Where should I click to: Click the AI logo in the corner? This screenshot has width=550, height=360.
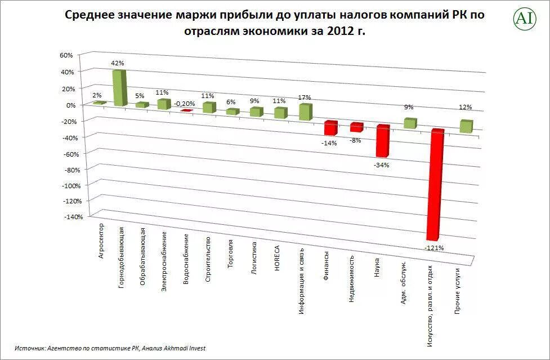coord(524,19)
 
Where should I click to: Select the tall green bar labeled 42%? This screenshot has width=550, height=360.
coord(119,87)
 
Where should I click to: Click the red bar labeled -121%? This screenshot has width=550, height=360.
coord(435,186)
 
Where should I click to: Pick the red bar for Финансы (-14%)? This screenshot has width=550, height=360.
coord(330,128)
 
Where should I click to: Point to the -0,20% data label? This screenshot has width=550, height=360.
coord(185,104)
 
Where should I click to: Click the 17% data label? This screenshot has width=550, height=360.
coord(305,97)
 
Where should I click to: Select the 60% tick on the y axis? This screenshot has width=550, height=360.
coord(66,55)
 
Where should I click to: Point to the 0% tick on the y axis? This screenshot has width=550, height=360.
coord(70,105)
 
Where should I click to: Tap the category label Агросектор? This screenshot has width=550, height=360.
coord(101,241)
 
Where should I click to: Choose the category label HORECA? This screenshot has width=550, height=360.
coord(278,257)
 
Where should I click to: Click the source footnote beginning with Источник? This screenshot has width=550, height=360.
coord(110,348)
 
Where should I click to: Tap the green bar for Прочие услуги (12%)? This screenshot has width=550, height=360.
coord(466,126)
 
